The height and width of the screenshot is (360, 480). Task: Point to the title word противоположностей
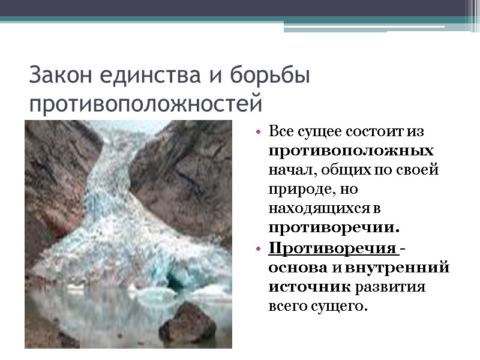click(146, 103)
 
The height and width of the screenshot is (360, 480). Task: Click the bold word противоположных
click(352, 149)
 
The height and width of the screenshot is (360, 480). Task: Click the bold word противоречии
click(334, 228)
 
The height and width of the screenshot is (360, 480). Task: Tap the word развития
click(391, 287)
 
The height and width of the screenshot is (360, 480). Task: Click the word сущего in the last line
click(339, 307)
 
